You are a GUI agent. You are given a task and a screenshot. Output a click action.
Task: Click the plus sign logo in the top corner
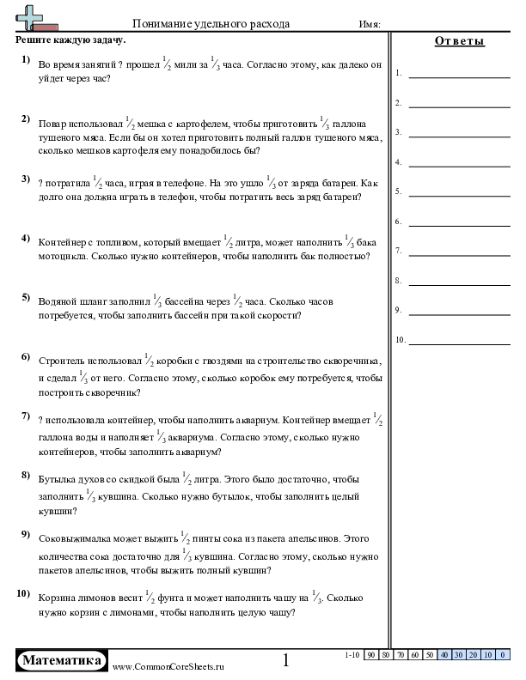32,18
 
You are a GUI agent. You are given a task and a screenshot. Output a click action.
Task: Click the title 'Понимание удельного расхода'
211,24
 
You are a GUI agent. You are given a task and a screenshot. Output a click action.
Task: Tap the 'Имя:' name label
370,25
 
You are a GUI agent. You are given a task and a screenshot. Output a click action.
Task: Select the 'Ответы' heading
459,41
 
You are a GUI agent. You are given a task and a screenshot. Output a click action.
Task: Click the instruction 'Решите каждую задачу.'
70,39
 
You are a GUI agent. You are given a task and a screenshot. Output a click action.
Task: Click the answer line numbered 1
447,75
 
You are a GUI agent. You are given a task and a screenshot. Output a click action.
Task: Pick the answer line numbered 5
447,192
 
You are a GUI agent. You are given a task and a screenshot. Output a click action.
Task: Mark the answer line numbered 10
447,341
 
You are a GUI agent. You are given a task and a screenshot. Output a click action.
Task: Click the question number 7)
26,416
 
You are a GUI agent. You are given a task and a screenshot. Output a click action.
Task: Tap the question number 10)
24,593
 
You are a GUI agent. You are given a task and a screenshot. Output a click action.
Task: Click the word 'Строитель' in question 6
64,361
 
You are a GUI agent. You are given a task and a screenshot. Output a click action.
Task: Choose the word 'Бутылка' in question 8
58,479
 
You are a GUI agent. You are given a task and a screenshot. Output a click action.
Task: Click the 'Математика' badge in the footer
63,660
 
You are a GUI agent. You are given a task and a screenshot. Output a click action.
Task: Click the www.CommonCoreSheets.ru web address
168,666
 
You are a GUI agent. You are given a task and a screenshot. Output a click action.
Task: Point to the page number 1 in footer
286,660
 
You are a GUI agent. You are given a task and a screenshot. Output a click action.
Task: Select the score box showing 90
371,655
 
